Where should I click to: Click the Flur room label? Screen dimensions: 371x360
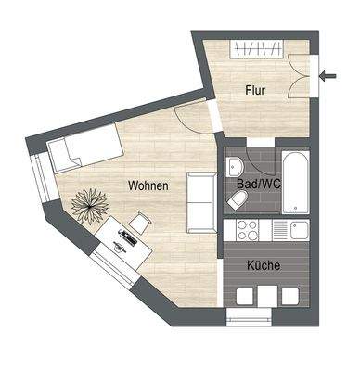tap(257, 90)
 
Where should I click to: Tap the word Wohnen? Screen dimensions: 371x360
tap(148, 185)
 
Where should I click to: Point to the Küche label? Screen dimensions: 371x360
tap(264, 265)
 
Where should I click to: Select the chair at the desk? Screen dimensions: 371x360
tap(140, 223)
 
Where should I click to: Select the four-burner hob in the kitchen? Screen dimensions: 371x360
tap(249, 229)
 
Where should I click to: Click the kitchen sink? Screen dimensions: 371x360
tap(298, 229)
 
